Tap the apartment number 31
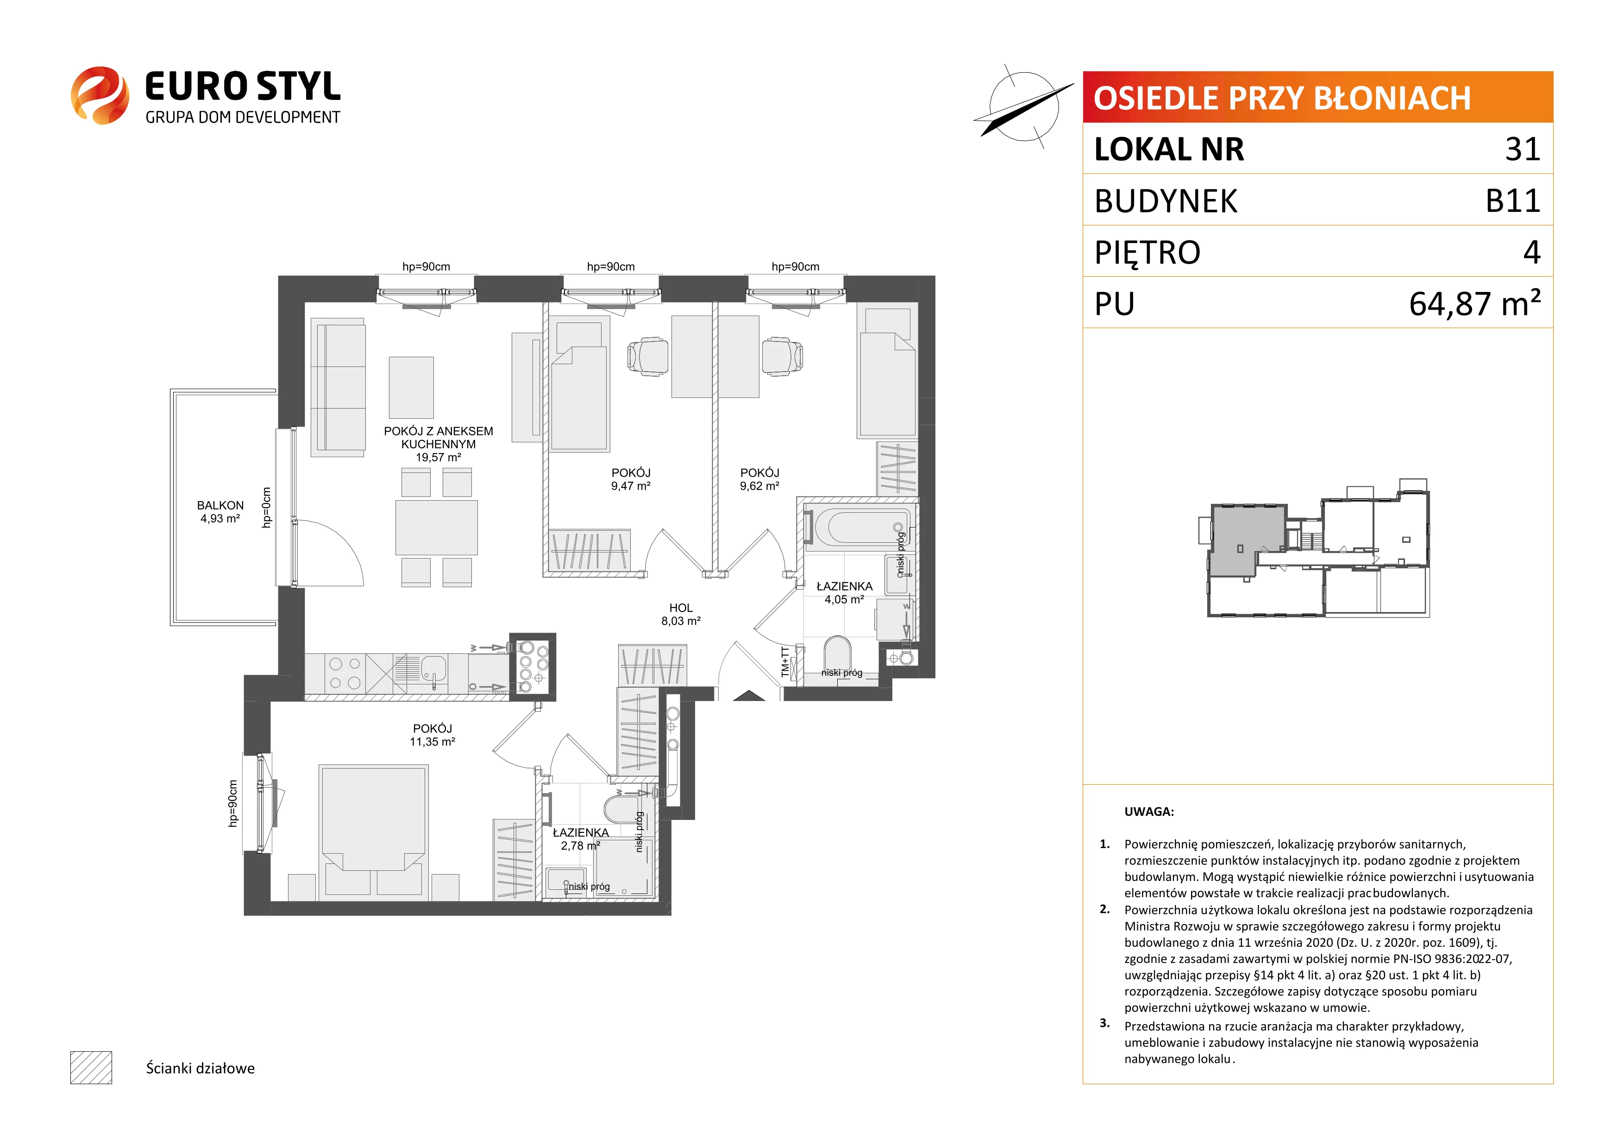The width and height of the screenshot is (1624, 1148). [1523, 149]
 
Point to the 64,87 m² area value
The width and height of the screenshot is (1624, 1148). [1475, 303]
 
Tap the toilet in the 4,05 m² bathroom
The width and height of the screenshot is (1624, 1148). [837, 654]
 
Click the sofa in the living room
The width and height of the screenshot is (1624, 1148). [338, 387]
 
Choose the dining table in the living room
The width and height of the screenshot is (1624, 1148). [436, 527]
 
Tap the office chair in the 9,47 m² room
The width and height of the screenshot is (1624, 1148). [647, 356]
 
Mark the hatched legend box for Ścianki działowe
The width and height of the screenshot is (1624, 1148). [91, 1067]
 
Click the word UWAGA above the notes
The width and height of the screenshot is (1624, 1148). [1149, 812]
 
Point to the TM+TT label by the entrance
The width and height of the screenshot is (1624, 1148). [784, 662]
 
